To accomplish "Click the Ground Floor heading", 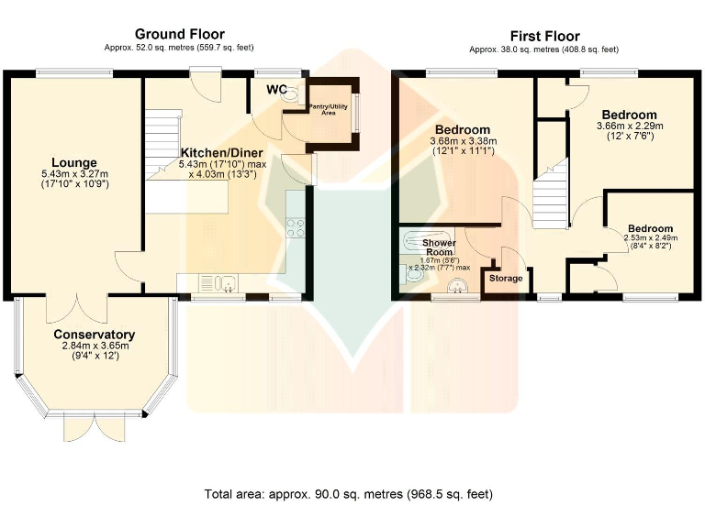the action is tap(180, 34).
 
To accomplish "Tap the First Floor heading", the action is tap(545, 36).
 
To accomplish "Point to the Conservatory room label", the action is tap(94, 335).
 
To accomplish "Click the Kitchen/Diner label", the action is tap(221, 153).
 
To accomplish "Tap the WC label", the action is tap(276, 89).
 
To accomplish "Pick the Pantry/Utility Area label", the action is tap(329, 110).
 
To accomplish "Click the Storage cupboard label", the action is tap(506, 279).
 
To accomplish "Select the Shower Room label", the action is tap(440, 247).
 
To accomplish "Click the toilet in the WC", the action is tap(294, 93).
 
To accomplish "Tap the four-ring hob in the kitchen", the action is tap(296, 227).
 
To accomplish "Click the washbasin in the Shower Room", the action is tap(459, 286).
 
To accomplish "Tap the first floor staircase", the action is tap(551, 194).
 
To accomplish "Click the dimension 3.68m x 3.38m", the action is tap(463, 141).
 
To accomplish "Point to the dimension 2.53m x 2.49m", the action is tap(650, 238).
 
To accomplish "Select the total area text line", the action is tap(349, 494).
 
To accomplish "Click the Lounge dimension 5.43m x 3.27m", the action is tap(74, 174).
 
